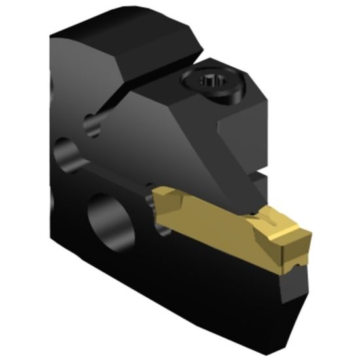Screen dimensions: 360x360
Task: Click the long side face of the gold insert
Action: [209, 223]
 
